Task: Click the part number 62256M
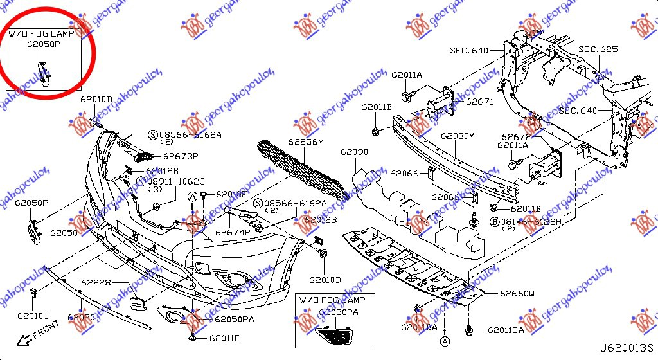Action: pyautogui.click(x=306, y=141)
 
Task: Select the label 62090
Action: pyautogui.click(x=354, y=152)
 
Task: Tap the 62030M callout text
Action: pyautogui.click(x=458, y=136)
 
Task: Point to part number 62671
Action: pyautogui.click(x=479, y=102)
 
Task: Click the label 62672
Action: pyautogui.click(x=515, y=137)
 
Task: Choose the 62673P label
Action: pyautogui.click(x=181, y=156)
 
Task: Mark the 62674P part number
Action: pyautogui.click(x=233, y=232)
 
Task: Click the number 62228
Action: pyautogui.click(x=96, y=283)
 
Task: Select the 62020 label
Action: pyautogui.click(x=81, y=317)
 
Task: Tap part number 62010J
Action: pyautogui.click(x=33, y=316)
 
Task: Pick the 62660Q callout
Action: pyautogui.click(x=517, y=294)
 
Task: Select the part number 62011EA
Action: pyautogui.click(x=506, y=330)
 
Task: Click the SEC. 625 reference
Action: pyautogui.click(x=598, y=49)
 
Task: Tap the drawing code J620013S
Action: pyautogui.click(x=625, y=349)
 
